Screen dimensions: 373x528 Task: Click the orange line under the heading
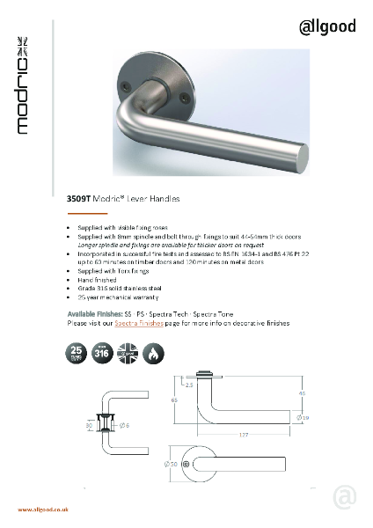(x=87, y=213)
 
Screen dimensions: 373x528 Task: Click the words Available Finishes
(x=95, y=314)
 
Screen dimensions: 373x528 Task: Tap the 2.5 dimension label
(x=189, y=384)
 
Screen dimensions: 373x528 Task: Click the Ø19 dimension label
(x=304, y=417)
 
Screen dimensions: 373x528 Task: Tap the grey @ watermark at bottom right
(x=346, y=498)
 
